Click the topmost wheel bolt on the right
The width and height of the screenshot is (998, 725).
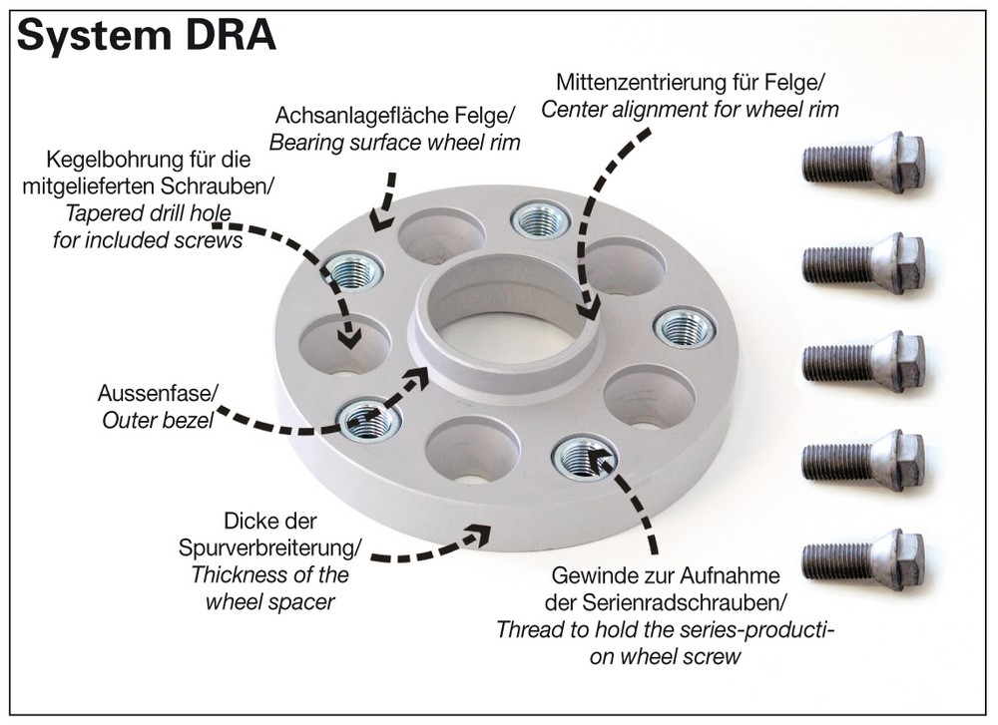coord(864,162)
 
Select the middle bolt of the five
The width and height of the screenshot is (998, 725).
coord(864,361)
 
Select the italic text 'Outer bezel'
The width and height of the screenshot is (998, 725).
coord(158,420)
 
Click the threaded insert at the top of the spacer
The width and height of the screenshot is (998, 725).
coord(541,220)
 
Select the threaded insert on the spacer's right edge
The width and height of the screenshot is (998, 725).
coord(684,328)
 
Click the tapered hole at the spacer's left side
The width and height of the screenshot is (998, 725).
coord(344,345)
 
